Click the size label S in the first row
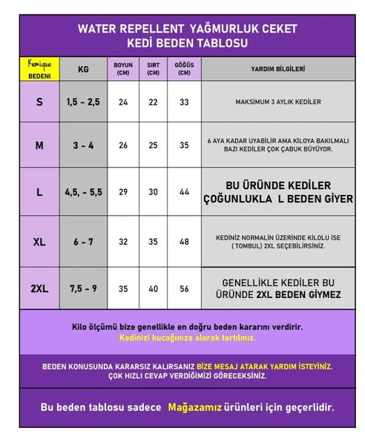coord(39,102)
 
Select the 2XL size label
coord(39,288)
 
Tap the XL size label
coord(39,242)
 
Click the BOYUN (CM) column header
coord(123,69)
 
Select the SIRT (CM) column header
coord(153,69)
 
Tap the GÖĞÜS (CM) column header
coord(183,69)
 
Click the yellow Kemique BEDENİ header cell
coord(39,70)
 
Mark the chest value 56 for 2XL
coord(183,288)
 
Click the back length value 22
coord(153,102)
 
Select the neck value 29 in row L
coord(123,191)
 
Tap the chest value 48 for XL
coord(183,242)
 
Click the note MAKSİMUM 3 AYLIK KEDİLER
coord(277,102)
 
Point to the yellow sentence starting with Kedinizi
coord(187,337)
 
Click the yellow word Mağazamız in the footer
coord(197,407)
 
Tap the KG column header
coord(83,69)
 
